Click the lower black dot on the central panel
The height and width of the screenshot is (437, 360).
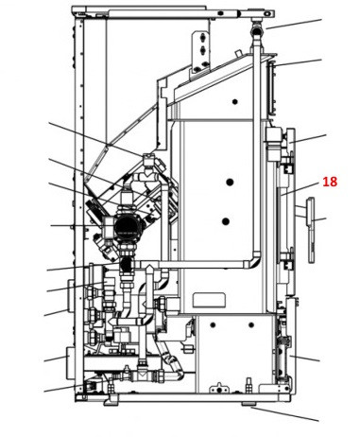click(226, 221)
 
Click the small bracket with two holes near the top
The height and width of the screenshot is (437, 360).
click(201, 46)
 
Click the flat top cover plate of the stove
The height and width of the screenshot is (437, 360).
click(170, 11)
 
